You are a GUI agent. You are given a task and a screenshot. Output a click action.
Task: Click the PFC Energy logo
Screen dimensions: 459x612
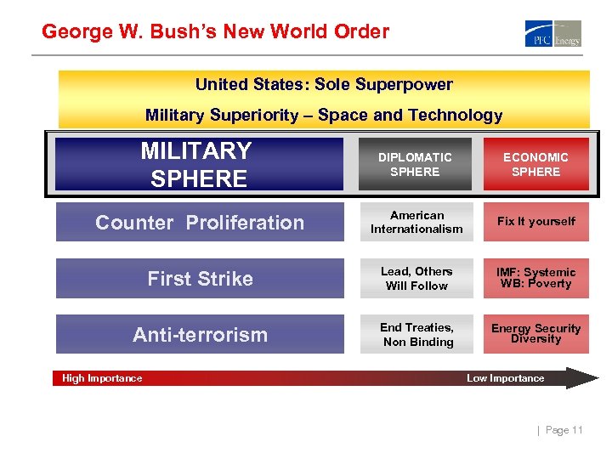click(x=553, y=34)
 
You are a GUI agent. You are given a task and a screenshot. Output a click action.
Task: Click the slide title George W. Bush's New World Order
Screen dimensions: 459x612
click(x=215, y=32)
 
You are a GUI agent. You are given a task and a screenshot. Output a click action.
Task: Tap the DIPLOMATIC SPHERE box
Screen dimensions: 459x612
click(x=416, y=164)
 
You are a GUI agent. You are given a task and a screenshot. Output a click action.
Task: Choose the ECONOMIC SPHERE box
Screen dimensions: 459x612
click(x=535, y=164)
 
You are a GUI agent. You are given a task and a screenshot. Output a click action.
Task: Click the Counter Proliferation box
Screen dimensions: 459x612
click(x=200, y=223)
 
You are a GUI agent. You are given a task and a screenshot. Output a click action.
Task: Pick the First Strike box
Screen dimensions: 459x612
click(x=200, y=279)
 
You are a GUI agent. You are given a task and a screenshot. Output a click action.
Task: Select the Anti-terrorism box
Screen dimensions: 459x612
click(x=200, y=335)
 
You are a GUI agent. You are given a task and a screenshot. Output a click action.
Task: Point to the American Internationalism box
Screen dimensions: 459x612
click(x=416, y=222)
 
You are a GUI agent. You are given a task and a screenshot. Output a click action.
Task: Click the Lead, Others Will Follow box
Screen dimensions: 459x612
click(x=416, y=279)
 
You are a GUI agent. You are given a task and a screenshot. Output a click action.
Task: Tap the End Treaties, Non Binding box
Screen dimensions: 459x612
click(x=416, y=335)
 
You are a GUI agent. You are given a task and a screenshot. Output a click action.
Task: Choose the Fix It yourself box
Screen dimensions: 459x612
click(x=535, y=222)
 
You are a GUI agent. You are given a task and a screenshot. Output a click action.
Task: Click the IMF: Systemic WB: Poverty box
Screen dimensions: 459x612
click(x=535, y=278)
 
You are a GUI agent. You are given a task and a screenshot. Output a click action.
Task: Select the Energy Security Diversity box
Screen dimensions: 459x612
click(x=535, y=334)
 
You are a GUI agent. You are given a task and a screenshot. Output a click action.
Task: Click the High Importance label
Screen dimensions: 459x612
click(x=102, y=378)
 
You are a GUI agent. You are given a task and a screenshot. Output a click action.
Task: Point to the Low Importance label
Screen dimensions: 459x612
click(x=505, y=378)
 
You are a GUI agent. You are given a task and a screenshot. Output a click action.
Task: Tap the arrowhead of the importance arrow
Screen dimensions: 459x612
click(x=585, y=378)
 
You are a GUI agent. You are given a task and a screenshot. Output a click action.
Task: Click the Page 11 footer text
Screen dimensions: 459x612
click(x=564, y=430)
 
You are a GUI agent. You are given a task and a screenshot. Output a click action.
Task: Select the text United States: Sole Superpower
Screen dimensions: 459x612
click(x=324, y=85)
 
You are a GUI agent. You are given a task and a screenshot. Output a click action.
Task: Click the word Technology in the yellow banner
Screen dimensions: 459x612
click(x=459, y=115)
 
